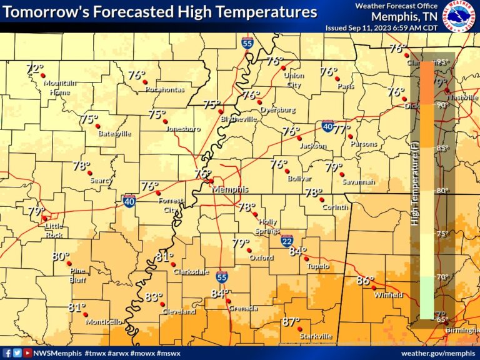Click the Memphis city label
[x=230, y=189]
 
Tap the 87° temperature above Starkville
[x=290, y=322]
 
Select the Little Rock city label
[x=54, y=231]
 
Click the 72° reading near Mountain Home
[x=35, y=68]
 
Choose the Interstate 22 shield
[x=287, y=241]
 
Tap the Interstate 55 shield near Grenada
[x=222, y=276]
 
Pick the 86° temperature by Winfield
[x=364, y=281]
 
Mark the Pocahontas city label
[x=164, y=89]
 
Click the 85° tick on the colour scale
[x=442, y=148]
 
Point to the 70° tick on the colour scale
[x=442, y=277]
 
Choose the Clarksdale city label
[x=174, y=272]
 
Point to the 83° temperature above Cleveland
[x=154, y=297]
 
